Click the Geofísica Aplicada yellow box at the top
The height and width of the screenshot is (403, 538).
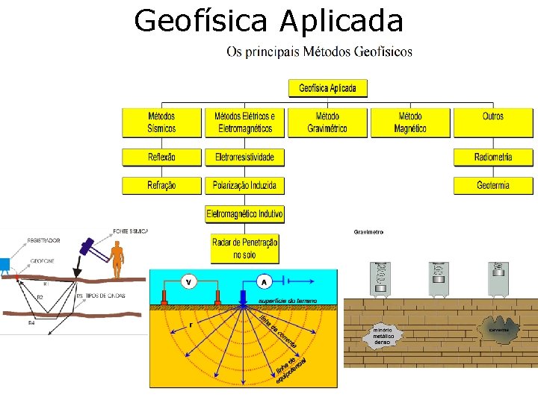tap(327, 88)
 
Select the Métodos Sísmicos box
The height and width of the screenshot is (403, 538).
tap(161, 122)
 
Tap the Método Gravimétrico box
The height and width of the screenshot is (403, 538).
tap(327, 122)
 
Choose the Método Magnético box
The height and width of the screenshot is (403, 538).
tap(410, 122)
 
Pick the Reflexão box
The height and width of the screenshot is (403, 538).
tap(161, 157)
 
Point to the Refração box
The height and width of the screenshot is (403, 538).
tap(161, 185)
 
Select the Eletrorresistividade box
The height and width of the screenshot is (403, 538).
tap(244, 157)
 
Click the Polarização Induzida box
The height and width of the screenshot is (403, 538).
tap(244, 185)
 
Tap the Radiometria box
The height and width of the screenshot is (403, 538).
tap(493, 157)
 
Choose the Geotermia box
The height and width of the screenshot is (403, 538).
tap(493, 185)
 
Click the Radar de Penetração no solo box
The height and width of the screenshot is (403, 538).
tap(244, 249)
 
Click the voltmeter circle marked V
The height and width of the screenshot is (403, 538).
tap(188, 282)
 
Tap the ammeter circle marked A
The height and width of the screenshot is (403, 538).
tap(265, 282)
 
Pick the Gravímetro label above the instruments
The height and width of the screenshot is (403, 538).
tap(368, 232)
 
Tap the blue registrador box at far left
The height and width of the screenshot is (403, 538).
tap(4, 263)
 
